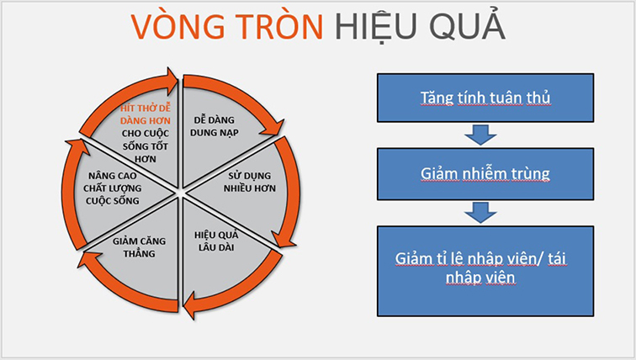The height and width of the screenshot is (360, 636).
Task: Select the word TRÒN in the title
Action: pyautogui.click(x=279, y=26)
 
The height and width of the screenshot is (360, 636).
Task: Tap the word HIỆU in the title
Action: pyautogui.click(x=375, y=28)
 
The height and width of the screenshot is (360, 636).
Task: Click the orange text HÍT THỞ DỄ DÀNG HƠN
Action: pyautogui.click(x=146, y=114)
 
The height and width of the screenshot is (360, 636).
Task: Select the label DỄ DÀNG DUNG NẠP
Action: pyautogui.click(x=215, y=126)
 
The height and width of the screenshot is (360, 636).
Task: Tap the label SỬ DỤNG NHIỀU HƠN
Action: pyautogui.click(x=250, y=182)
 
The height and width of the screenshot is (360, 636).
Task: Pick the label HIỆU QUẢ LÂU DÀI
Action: pyautogui.click(x=216, y=241)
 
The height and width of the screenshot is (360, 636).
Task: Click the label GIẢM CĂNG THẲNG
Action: pyautogui.click(x=139, y=247)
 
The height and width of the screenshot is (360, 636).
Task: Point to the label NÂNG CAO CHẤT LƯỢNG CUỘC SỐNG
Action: pyautogui.click(x=113, y=188)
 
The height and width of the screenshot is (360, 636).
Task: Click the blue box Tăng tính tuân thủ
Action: pyautogui.click(x=485, y=98)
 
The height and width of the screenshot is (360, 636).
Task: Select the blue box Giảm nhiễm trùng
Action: pyautogui.click(x=485, y=174)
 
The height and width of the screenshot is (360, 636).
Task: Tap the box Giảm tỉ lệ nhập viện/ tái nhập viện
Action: pyautogui.click(x=485, y=271)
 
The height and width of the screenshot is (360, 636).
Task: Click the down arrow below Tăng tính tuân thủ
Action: pyautogui.click(x=480, y=135)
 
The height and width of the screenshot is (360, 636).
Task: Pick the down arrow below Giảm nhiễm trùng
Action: pyautogui.click(x=480, y=213)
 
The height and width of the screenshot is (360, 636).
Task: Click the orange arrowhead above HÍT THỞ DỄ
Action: pyautogui.click(x=171, y=80)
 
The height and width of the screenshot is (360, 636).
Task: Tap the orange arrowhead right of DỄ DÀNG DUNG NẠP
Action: pyautogui.click(x=273, y=127)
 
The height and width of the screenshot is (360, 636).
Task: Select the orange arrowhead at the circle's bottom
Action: pyautogui.click(x=191, y=306)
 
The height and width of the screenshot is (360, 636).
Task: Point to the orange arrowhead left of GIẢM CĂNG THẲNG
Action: pyautogui.click(x=88, y=259)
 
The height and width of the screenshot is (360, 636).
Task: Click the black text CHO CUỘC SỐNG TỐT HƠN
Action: pyautogui.click(x=146, y=146)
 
